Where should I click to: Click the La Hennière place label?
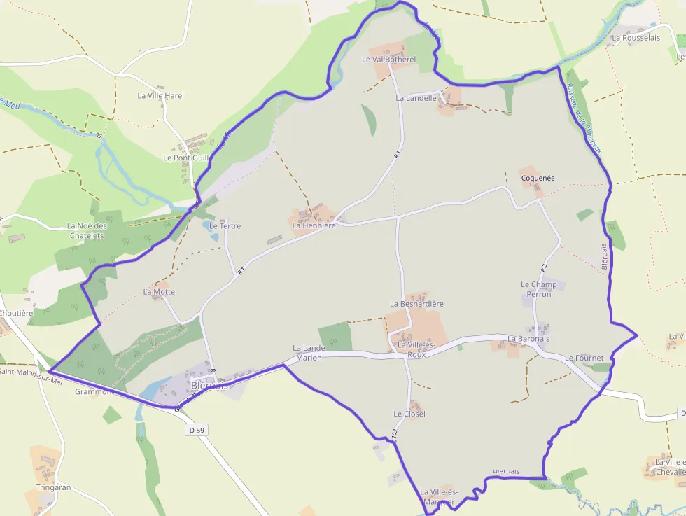(x=314, y=226)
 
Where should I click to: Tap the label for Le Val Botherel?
(x=388, y=60)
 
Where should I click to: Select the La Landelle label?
(x=416, y=99)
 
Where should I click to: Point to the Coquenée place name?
(x=538, y=179)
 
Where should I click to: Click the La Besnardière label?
(x=417, y=305)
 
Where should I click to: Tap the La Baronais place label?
(x=528, y=339)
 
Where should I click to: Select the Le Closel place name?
(x=409, y=414)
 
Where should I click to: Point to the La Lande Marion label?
(x=309, y=353)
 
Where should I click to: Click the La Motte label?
(x=159, y=292)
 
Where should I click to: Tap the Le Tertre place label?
(x=225, y=226)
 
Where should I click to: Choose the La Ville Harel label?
(x=160, y=96)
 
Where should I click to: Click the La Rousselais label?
(x=636, y=38)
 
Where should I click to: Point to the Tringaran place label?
(x=54, y=487)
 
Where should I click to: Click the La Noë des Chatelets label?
(x=87, y=231)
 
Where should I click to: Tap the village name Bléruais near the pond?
(x=209, y=386)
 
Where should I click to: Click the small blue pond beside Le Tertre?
(x=213, y=227)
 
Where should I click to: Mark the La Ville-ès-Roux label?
(x=416, y=350)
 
